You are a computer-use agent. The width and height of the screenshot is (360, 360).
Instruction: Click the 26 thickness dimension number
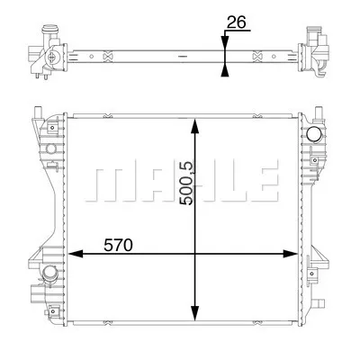click(x=236, y=24)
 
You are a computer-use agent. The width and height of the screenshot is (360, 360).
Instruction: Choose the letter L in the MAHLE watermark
click(x=221, y=183)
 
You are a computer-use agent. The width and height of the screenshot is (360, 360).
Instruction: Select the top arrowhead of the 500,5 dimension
click(x=193, y=120)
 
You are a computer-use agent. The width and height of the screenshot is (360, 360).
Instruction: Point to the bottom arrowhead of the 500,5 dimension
click(x=193, y=316)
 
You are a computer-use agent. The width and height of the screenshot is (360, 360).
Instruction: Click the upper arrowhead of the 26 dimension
click(x=222, y=39)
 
